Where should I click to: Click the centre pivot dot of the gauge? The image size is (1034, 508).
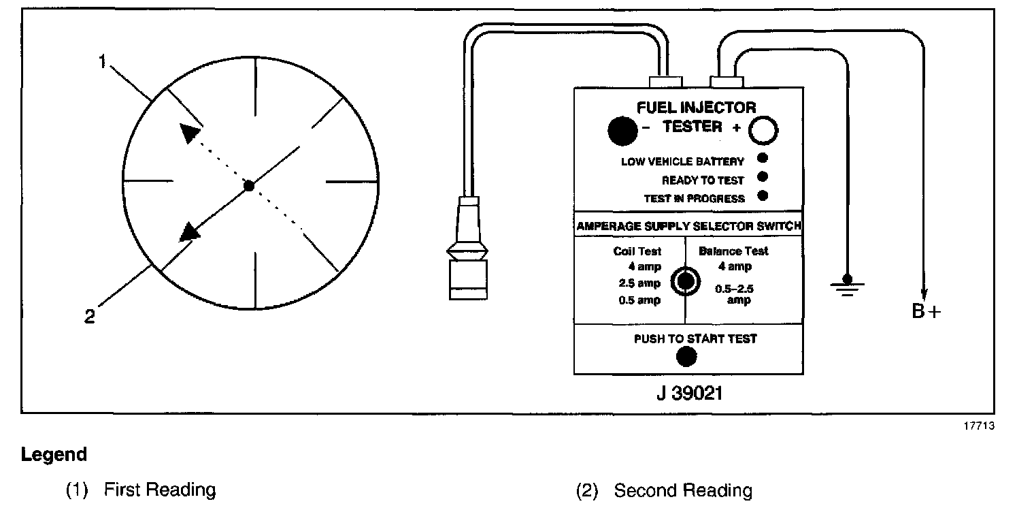tap(249, 185)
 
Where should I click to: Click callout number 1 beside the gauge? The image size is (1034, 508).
tap(103, 62)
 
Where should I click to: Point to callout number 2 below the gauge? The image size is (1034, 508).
tap(90, 317)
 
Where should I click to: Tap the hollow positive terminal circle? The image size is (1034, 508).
tap(763, 131)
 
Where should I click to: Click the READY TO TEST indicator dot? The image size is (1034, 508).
tap(763, 177)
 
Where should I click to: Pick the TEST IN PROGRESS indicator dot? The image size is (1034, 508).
tap(763, 196)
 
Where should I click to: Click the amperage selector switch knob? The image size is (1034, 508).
tap(684, 281)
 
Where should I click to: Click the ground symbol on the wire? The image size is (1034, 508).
tap(847, 283)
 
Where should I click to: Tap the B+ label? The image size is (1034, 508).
tap(927, 311)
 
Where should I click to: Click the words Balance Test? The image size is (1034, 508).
tap(733, 251)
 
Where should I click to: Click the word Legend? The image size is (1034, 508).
tap(54, 454)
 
